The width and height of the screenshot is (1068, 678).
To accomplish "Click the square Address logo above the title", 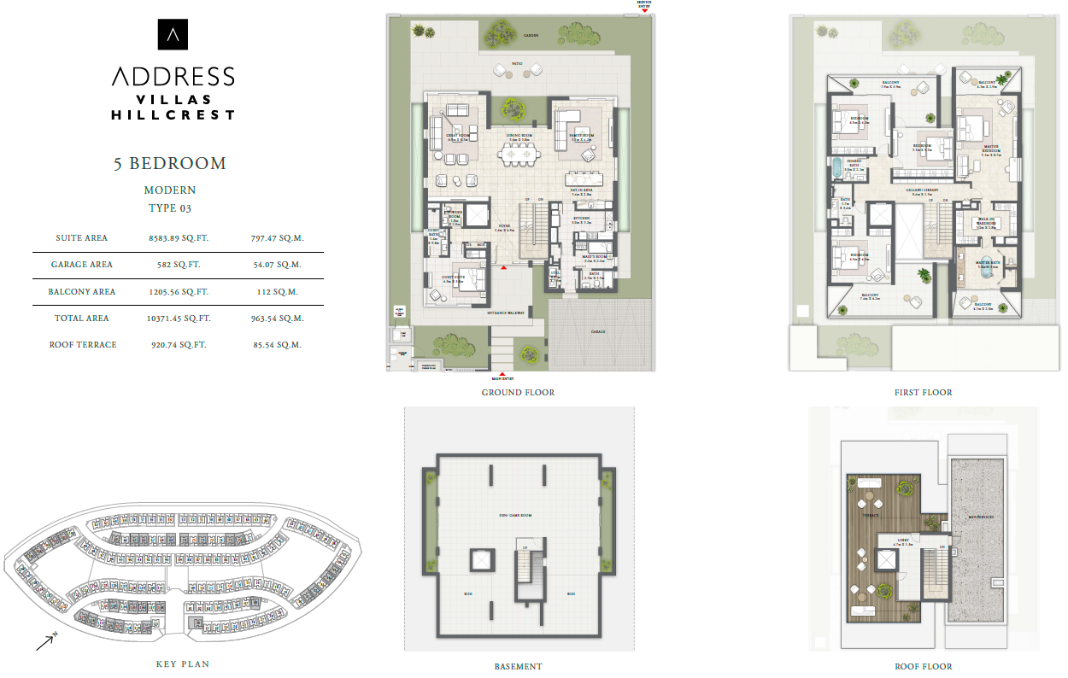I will [x=173, y=35].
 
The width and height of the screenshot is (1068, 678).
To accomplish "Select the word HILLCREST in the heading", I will [x=173, y=114].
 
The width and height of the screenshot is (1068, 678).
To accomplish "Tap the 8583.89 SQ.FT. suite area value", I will [x=179, y=238].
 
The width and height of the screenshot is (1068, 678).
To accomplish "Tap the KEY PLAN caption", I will [x=182, y=663].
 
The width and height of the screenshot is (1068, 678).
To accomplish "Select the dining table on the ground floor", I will [x=519, y=155].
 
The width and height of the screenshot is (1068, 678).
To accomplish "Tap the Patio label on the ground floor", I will [x=517, y=64].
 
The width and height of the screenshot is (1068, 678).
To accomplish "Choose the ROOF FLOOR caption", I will [x=923, y=666].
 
